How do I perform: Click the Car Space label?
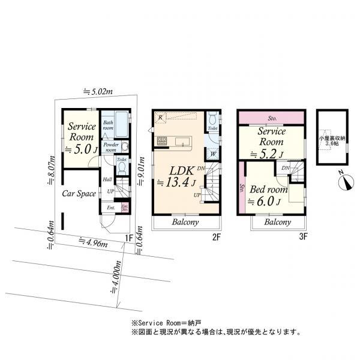click(80, 194)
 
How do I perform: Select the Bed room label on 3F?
click(269, 190)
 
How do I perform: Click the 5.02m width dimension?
click(98, 92)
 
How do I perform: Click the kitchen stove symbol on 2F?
click(163, 142)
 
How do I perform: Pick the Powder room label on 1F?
click(107, 147)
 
